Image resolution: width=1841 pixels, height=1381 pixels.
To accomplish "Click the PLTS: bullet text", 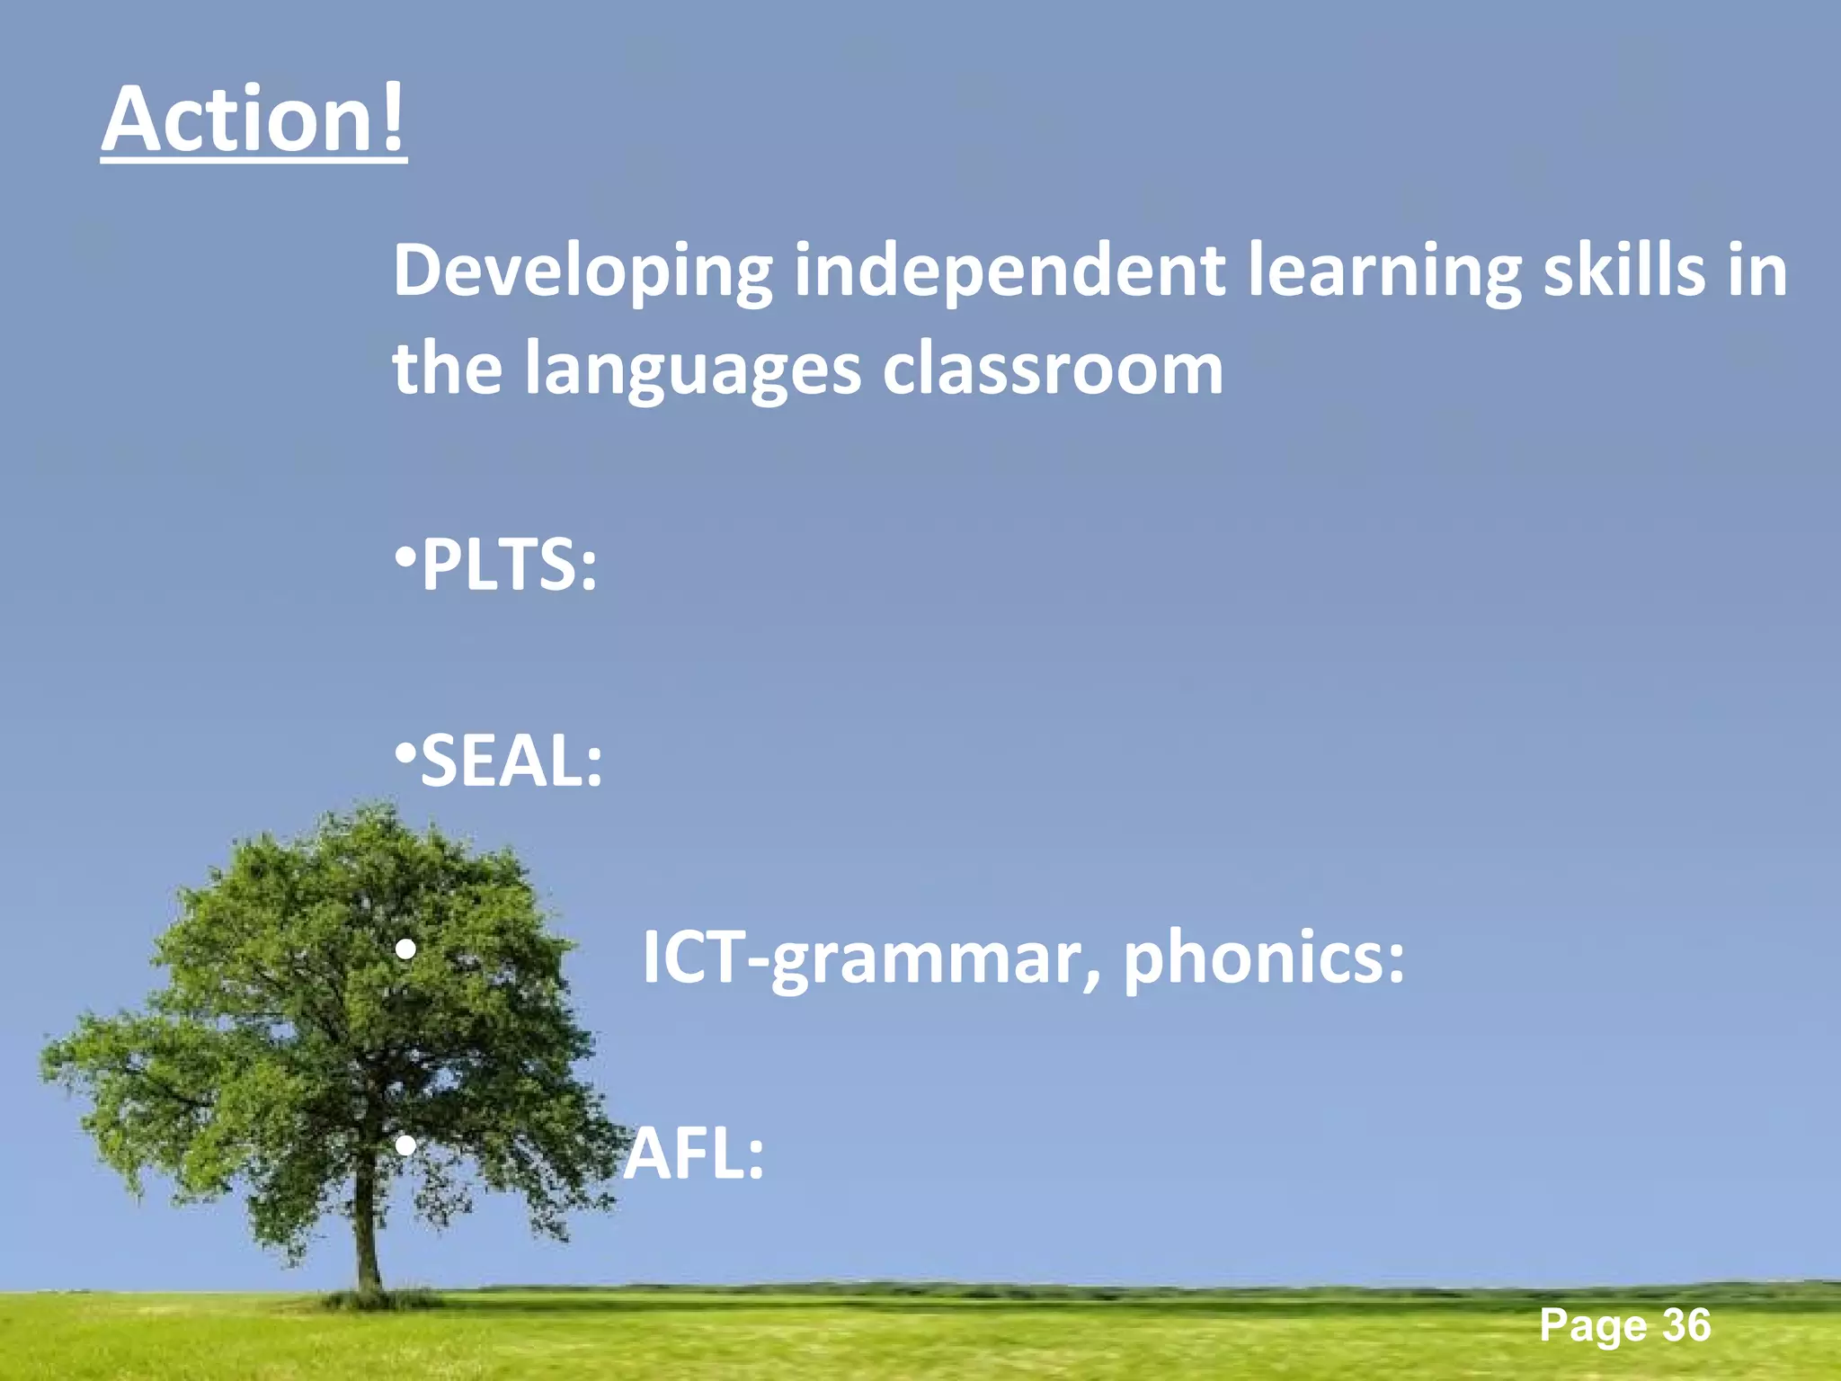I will (508, 565).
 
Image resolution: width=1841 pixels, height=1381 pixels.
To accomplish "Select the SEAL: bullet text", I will (511, 761).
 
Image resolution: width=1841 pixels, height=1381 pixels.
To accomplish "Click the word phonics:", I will (1264, 958).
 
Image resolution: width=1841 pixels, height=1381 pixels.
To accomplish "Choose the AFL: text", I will (694, 1154).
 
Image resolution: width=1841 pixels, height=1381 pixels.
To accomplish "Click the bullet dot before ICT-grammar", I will (405, 949).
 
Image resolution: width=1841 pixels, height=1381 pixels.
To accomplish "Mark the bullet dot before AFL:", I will (405, 1145).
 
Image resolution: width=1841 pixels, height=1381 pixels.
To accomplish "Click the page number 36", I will (1685, 1324).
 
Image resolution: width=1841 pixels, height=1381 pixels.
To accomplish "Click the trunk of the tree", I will (366, 1241).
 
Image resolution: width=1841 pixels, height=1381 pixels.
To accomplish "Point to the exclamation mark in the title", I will (392, 118).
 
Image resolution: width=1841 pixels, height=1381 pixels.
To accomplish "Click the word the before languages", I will (447, 369).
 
